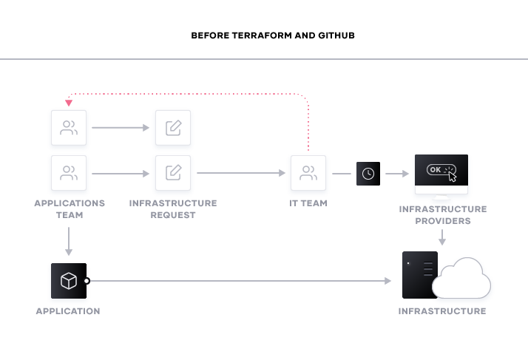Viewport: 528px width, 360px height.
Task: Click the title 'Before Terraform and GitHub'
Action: (273, 35)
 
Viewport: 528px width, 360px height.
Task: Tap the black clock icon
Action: (368, 173)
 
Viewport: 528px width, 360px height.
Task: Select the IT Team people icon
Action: (308, 173)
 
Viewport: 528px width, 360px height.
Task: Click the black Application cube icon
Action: (69, 281)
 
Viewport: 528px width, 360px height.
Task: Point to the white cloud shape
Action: (464, 279)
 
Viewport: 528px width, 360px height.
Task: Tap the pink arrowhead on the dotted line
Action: (69, 103)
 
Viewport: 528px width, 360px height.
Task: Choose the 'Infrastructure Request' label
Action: (173, 208)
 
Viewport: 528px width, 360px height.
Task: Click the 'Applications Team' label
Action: (70, 208)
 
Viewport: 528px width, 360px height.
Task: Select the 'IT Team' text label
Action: (308, 203)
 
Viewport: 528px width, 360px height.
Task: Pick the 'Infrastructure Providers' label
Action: (442, 215)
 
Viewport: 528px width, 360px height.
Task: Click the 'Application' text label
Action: (68, 311)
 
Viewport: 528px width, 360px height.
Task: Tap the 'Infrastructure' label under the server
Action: (442, 311)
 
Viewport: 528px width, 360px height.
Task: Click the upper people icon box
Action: (69, 128)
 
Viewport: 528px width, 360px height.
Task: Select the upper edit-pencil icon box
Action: (173, 128)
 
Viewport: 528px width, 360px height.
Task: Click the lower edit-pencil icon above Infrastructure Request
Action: (173, 173)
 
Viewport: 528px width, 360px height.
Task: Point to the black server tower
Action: (419, 275)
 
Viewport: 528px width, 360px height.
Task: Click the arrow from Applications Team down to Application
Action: (69, 241)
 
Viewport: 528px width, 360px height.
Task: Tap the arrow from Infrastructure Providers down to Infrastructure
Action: (442, 237)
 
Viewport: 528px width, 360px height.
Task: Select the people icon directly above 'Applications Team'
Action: (69, 173)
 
